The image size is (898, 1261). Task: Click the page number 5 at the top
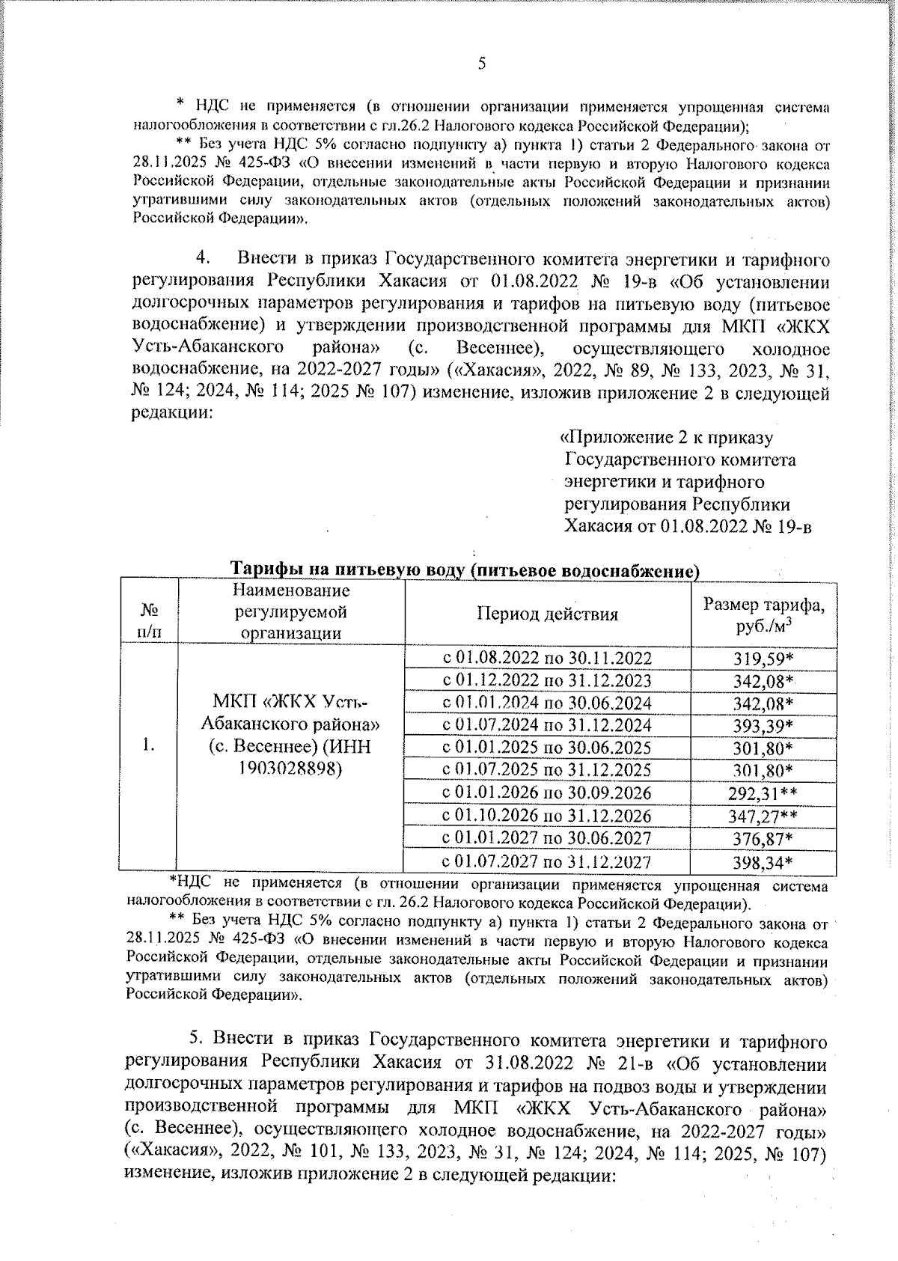[x=482, y=64]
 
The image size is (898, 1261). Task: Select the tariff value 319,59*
[x=763, y=659]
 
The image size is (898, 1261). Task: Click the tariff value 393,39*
[x=763, y=726]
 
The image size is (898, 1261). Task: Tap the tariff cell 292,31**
[x=763, y=793]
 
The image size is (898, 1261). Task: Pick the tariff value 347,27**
[x=763, y=816]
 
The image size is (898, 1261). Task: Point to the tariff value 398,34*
[x=763, y=863]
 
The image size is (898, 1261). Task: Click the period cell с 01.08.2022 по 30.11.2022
[x=547, y=659]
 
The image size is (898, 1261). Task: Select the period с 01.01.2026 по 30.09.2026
[x=547, y=793]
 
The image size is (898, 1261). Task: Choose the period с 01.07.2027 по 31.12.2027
[x=547, y=862]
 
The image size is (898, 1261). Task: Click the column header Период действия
[x=547, y=614]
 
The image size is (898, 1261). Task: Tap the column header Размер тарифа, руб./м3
[x=763, y=614]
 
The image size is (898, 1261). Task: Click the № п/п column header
[x=148, y=620]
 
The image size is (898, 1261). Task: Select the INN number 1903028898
[x=290, y=769]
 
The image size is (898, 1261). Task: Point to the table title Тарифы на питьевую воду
[x=463, y=571]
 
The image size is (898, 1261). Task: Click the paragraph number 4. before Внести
[x=203, y=259]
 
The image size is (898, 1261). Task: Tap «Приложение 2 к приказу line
[x=668, y=438]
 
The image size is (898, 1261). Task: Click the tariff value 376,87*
[x=763, y=839]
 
